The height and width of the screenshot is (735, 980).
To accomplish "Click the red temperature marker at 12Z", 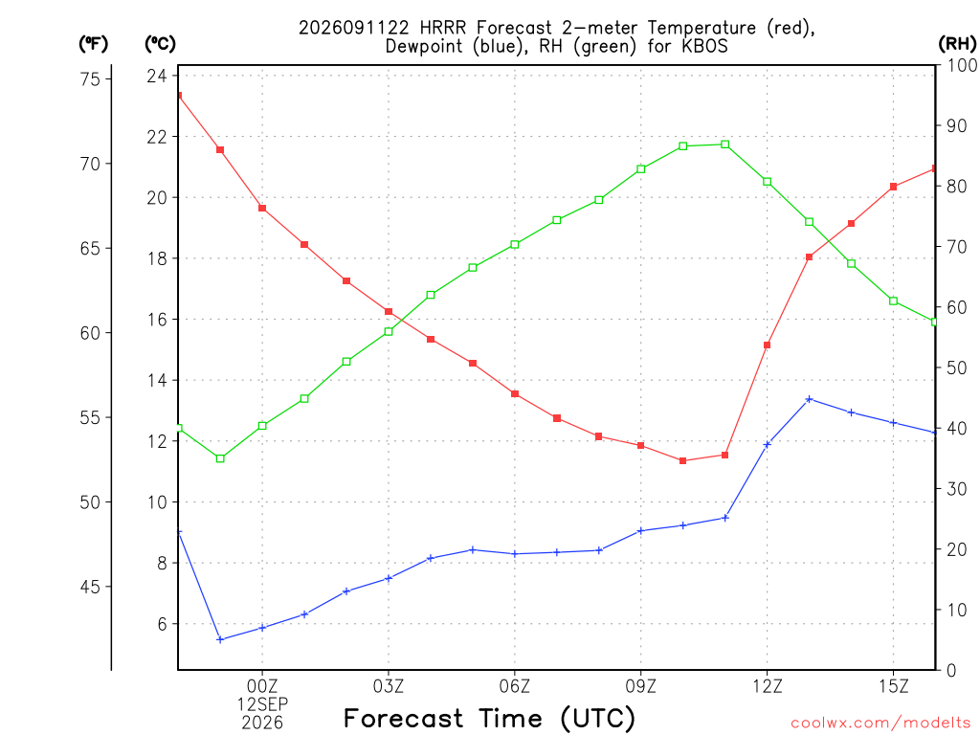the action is point(767,345).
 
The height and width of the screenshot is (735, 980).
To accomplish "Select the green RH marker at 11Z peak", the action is point(725,145).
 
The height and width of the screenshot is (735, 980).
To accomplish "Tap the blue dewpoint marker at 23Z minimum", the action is point(220,639).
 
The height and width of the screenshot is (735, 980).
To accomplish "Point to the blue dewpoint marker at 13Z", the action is point(809,399).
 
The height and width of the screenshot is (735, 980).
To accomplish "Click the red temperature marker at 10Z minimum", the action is point(682,460).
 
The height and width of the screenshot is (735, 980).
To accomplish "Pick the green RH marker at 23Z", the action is point(220,458).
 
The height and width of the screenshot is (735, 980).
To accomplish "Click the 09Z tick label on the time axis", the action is point(640,686).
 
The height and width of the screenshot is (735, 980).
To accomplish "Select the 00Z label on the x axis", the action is point(262,686).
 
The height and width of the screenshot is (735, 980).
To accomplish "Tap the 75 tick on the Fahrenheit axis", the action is point(90,78).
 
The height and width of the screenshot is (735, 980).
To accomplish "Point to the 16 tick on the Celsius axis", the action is point(157,320).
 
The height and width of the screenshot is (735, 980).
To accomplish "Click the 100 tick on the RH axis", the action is point(963,65).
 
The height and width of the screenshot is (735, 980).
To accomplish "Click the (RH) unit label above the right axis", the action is point(957,43).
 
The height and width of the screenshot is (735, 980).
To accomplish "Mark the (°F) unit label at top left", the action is point(93,44).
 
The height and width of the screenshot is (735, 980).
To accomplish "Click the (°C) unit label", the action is point(160,44).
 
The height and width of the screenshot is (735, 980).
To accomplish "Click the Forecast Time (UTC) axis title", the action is point(489,718).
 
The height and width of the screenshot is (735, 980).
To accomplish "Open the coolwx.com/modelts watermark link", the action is point(880,724).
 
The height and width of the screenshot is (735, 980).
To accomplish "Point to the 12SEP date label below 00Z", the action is point(262,704).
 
